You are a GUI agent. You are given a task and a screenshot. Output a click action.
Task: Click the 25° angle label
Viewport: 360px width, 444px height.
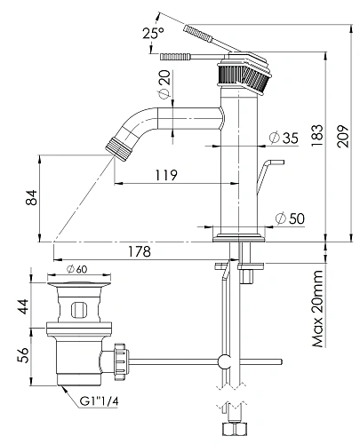(153, 33)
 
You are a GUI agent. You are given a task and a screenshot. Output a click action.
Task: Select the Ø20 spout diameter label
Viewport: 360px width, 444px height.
(164, 83)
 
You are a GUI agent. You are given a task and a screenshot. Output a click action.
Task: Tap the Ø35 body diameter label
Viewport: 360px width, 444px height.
(284, 138)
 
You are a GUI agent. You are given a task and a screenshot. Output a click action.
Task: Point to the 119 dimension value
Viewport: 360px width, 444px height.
(166, 175)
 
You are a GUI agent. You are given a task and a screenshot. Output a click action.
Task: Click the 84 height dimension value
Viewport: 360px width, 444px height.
(32, 197)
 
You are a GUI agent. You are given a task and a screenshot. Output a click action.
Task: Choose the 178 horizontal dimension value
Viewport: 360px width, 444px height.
(140, 251)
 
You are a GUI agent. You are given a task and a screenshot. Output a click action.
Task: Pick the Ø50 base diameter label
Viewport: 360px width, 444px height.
(290, 218)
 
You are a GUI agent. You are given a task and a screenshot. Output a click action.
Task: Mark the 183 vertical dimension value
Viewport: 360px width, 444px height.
(317, 135)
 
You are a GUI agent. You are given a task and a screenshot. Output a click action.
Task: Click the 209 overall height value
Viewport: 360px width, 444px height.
(343, 136)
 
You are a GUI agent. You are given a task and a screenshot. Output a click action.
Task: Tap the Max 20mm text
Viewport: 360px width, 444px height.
(318, 308)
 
